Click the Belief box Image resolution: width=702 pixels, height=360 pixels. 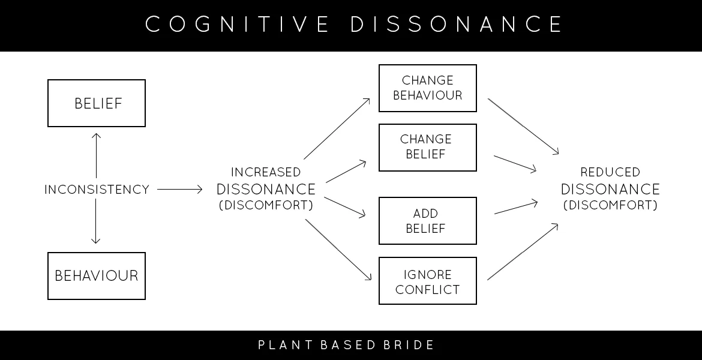click(97, 103)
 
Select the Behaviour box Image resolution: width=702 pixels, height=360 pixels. click(97, 276)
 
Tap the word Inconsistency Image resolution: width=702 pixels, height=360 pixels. click(97, 190)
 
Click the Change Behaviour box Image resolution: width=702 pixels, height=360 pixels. click(427, 88)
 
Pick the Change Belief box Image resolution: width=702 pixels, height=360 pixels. click(427, 148)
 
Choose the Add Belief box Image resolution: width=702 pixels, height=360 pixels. click(427, 221)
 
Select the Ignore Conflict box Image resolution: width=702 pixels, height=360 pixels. click(427, 281)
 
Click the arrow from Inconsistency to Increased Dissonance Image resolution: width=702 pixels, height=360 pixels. click(180, 190)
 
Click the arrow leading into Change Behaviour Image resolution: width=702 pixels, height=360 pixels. click(337, 127)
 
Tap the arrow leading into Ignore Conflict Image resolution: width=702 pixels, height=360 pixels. click(339, 250)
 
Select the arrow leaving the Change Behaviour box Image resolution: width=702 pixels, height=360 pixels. click(523, 126)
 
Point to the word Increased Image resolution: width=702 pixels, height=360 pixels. click(266, 173)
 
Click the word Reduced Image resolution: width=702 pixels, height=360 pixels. click(610, 173)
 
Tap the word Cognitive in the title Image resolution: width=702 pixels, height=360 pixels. click(237, 25)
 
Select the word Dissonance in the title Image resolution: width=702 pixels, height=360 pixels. click(456, 25)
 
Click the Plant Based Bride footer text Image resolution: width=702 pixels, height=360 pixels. click(346, 345)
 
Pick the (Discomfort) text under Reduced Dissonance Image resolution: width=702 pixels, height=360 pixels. click(610, 205)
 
